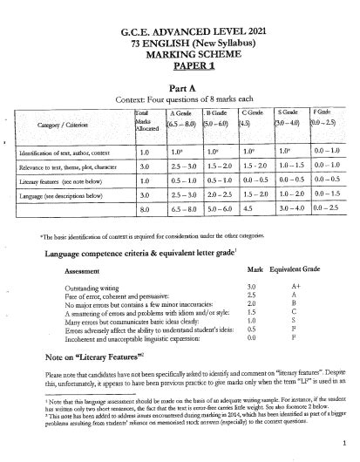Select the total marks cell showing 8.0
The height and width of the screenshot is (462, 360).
145,210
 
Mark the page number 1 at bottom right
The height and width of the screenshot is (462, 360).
345,442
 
